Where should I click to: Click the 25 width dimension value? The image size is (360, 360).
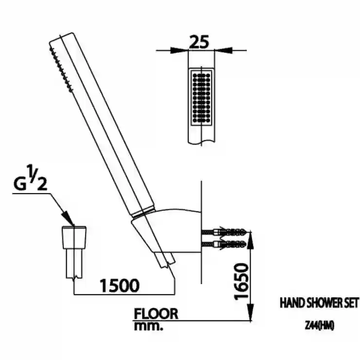tap(199, 42)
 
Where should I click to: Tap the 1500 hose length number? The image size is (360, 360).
tap(120, 286)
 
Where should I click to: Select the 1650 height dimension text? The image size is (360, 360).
tap(241, 282)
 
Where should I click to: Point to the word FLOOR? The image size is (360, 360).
tap(156, 314)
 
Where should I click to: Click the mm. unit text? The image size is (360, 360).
tap(148, 326)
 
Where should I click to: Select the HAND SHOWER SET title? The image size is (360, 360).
tap(319, 303)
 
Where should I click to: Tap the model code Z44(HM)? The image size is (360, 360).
tap(319, 326)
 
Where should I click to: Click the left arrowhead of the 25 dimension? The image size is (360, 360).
tap(179, 50)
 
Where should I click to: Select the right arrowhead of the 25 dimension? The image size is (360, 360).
tap(224, 50)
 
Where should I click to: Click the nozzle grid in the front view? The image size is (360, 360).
tap(201, 98)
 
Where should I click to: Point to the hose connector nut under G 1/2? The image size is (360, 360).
tap(74, 237)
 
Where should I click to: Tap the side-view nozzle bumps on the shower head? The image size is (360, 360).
tap(61, 70)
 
